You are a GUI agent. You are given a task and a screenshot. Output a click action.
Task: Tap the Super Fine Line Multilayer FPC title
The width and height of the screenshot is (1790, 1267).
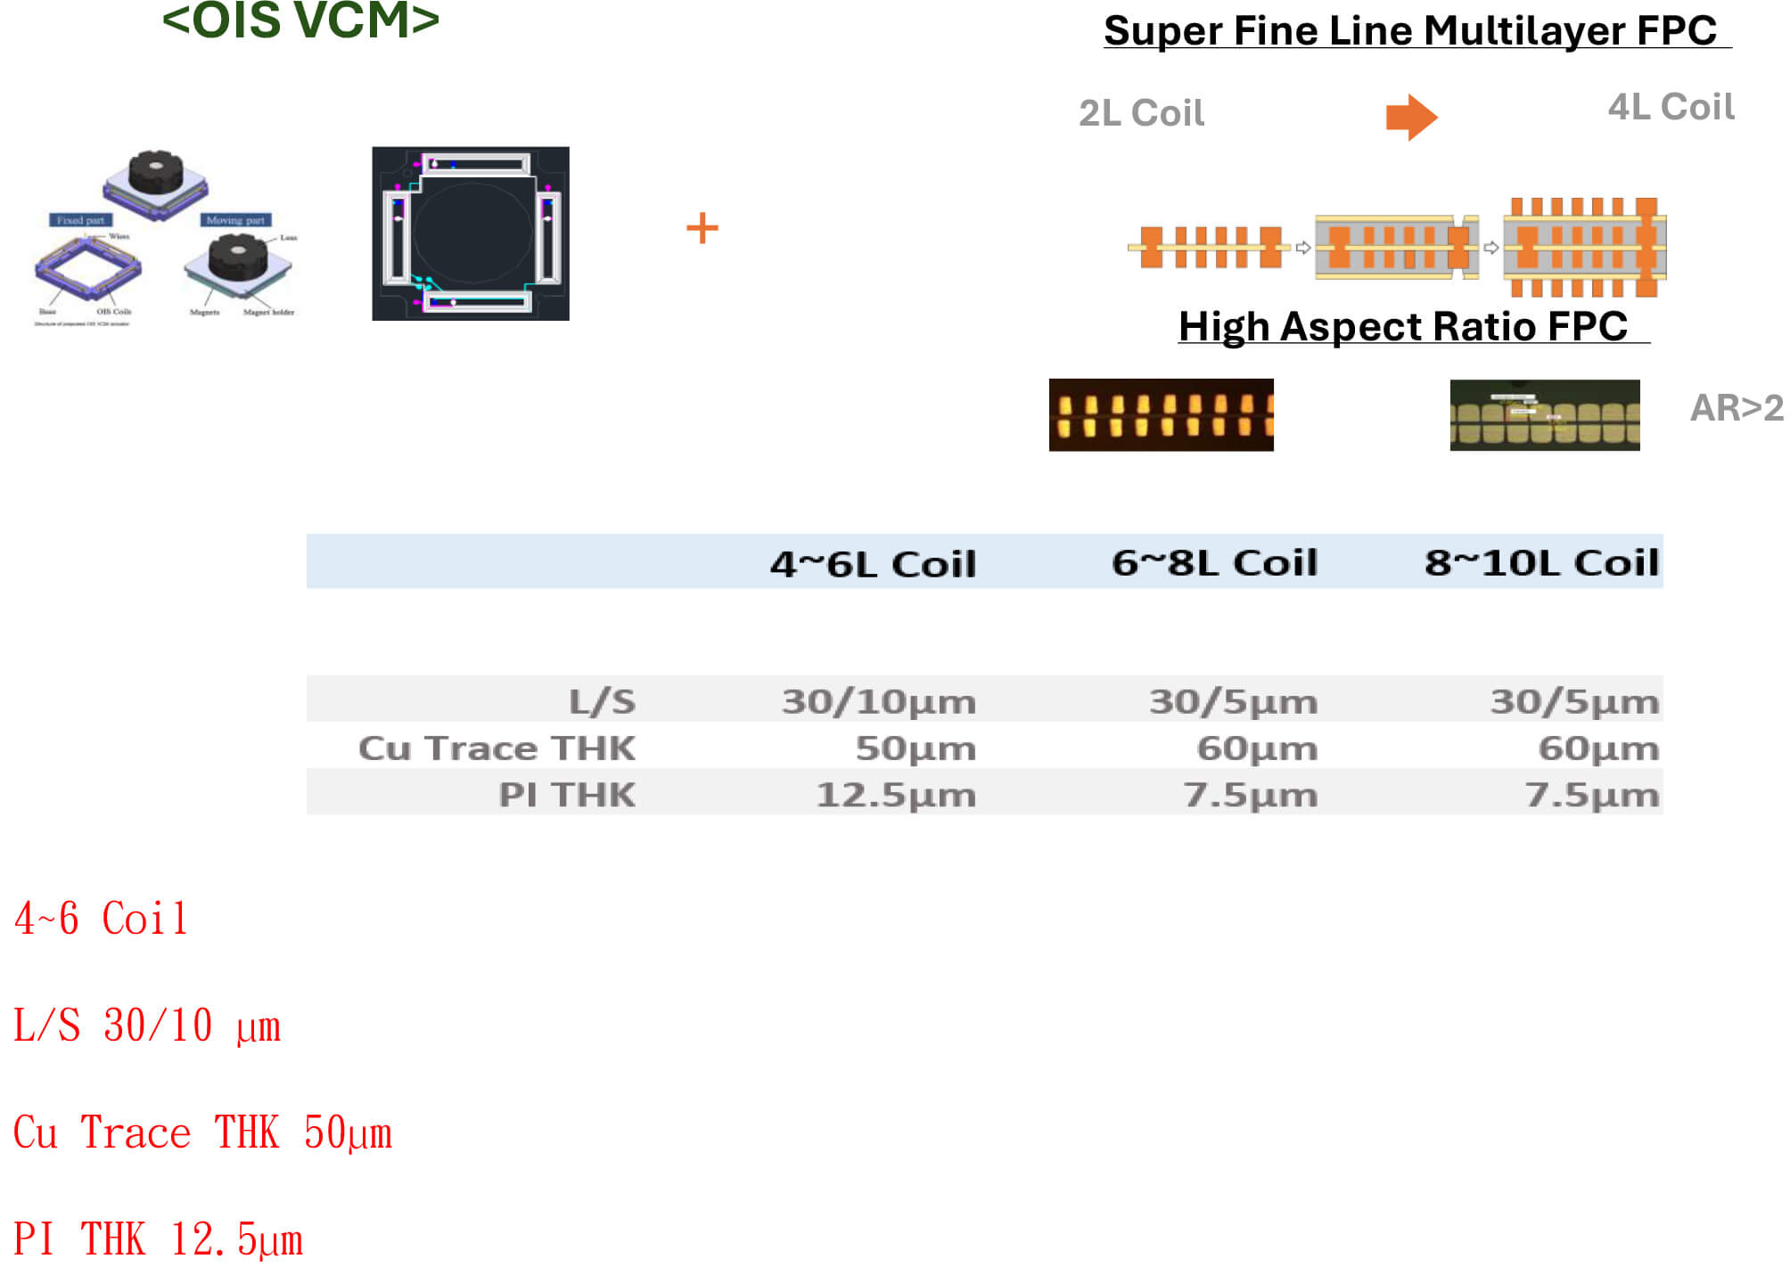coord(1409,31)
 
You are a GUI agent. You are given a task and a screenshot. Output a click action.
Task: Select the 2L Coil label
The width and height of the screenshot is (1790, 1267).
coord(1141,113)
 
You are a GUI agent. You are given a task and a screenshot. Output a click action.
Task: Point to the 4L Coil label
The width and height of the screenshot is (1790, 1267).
coord(1671,107)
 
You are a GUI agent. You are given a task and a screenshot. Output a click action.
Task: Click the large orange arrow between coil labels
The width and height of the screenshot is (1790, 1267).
coord(1411,117)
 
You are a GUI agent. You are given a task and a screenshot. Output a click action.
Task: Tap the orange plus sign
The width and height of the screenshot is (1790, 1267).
coord(702,228)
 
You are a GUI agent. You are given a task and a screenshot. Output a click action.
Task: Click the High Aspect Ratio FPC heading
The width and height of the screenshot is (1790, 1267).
coord(1403,326)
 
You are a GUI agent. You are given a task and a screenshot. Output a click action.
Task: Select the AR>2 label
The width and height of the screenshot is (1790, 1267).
coord(1737,408)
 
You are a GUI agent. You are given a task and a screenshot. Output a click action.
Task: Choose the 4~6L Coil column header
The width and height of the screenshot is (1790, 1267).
coord(873,564)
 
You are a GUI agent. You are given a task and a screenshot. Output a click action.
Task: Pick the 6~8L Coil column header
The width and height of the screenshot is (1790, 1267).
coord(1214,563)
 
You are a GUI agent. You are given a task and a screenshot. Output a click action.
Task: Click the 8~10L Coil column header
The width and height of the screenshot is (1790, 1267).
coord(1541,563)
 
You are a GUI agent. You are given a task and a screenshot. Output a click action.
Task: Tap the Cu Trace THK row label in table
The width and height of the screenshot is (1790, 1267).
coord(497,748)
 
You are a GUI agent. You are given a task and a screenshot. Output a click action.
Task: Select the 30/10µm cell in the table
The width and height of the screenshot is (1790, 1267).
coord(879,702)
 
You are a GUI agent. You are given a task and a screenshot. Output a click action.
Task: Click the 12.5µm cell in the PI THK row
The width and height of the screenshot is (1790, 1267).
coord(896,795)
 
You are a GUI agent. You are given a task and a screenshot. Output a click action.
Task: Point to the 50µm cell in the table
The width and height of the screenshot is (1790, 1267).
coord(916,748)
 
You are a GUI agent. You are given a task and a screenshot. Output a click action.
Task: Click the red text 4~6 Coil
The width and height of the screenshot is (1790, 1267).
coord(101,919)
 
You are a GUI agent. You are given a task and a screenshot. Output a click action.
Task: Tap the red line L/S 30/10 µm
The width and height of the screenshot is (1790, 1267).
coord(147,1026)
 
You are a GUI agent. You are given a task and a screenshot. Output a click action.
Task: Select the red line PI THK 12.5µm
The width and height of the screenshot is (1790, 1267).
coord(158,1239)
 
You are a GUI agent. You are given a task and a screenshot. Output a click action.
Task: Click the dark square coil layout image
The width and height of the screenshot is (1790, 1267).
coord(471,233)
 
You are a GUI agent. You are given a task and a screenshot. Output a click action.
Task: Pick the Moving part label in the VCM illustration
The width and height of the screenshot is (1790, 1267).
coord(235,220)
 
